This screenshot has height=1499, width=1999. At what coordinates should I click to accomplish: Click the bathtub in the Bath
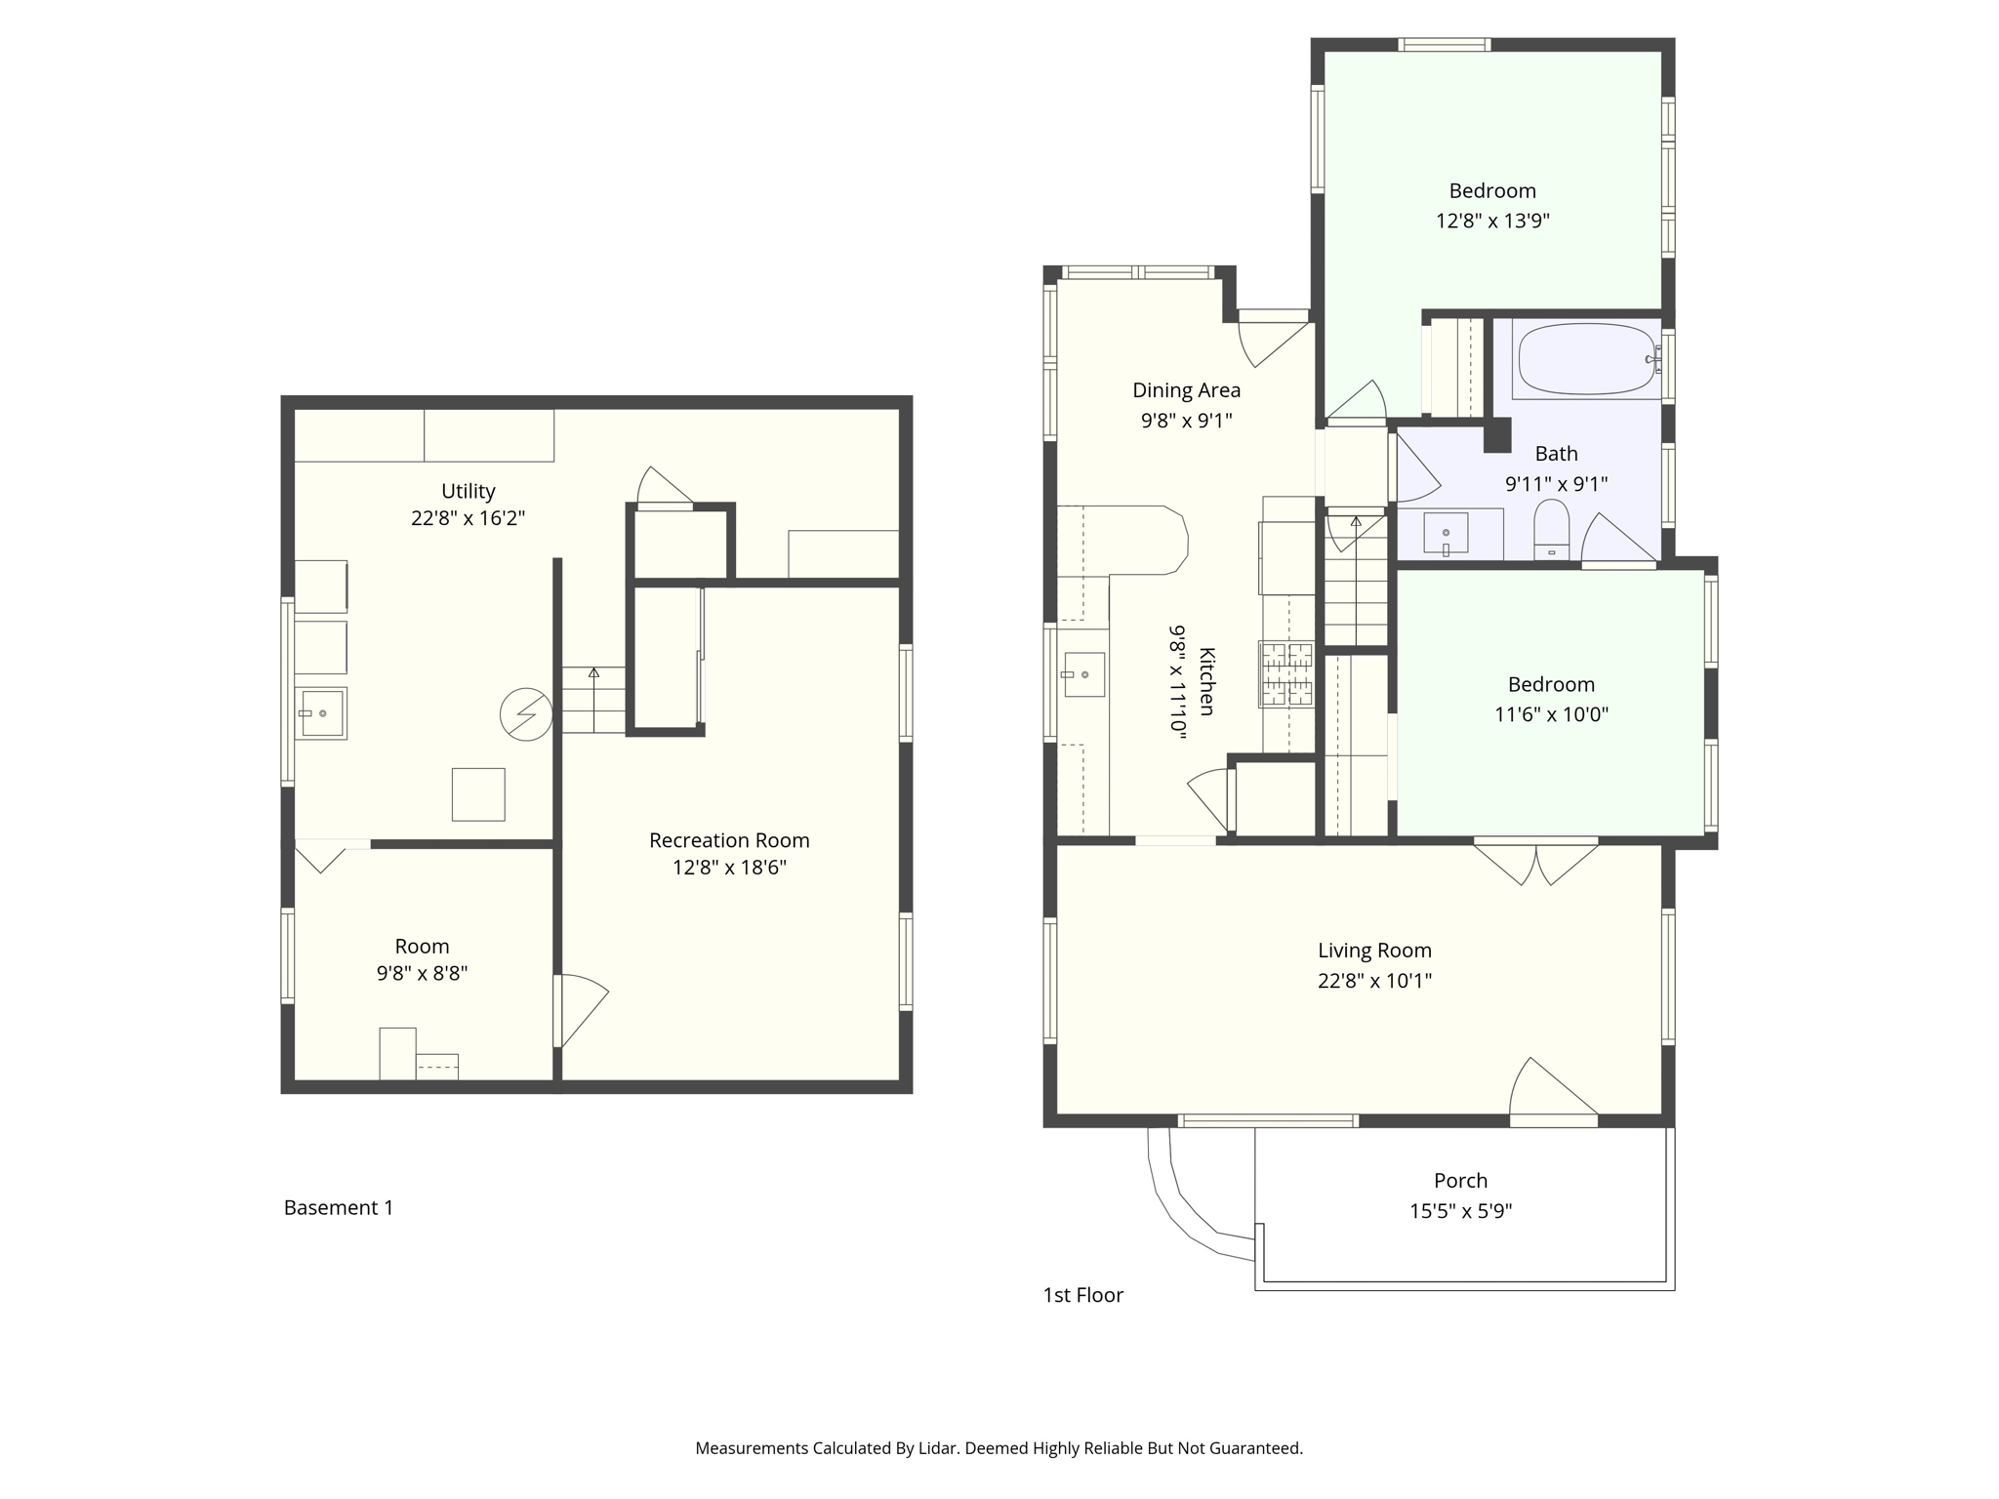tap(1586, 359)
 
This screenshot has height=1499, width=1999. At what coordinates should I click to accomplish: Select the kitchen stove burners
tap(1286, 673)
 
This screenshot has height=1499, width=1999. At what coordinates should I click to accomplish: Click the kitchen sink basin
tap(1083, 674)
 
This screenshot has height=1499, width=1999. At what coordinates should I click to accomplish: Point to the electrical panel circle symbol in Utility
tap(526, 714)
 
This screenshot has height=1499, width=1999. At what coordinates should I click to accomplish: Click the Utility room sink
tap(321, 713)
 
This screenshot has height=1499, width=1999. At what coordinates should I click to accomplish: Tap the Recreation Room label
tap(729, 840)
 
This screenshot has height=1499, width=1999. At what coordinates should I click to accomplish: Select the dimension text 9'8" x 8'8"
tap(422, 973)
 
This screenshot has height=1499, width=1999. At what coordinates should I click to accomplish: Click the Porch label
tap(1460, 1181)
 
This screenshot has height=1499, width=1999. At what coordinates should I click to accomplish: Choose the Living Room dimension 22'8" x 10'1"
tap(1374, 981)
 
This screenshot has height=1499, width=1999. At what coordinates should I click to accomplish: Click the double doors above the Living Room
tap(1535, 861)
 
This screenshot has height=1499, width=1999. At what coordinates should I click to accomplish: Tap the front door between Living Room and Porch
tap(1552, 1091)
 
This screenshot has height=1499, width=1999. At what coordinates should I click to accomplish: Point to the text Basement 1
tap(339, 1208)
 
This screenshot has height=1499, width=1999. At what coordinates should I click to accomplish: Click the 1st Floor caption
tap(1082, 1295)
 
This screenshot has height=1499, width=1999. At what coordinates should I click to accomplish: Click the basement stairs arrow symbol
tap(593, 673)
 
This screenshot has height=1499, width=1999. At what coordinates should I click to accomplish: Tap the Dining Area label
tap(1186, 390)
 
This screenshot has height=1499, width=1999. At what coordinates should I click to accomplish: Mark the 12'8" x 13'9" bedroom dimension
tap(1492, 221)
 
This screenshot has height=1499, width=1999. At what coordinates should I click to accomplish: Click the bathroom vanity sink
tap(1446, 534)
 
